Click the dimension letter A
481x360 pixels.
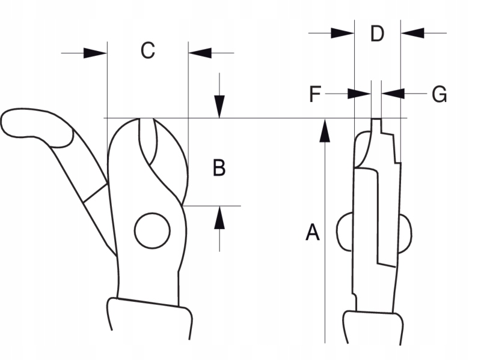click(x=312, y=232)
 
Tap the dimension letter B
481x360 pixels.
click(x=219, y=169)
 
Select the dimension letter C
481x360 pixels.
click(x=147, y=51)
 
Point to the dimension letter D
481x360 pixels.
click(x=377, y=34)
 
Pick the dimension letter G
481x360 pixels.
click(x=440, y=94)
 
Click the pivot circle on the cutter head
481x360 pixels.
click(x=152, y=230)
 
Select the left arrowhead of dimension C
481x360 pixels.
click(x=96, y=53)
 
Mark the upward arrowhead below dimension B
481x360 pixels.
click(x=220, y=217)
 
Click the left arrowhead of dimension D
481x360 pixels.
click(x=343, y=33)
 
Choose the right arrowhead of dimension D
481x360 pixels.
click(x=412, y=33)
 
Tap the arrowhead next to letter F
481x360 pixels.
click(x=359, y=94)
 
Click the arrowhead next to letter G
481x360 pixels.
click(x=393, y=94)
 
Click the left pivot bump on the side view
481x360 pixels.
click(x=345, y=232)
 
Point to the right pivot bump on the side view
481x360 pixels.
click(x=405, y=232)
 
